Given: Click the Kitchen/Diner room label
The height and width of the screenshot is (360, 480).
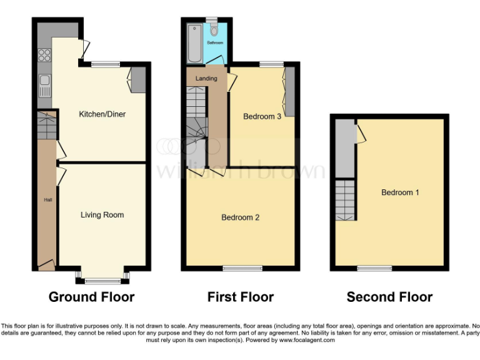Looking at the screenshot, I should click(x=102, y=114).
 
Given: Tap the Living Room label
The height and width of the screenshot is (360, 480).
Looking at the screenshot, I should click(x=102, y=215).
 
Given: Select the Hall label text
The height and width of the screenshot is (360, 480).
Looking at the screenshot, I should click(x=47, y=200).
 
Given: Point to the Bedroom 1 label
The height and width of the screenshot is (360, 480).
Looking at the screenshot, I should click(x=400, y=192).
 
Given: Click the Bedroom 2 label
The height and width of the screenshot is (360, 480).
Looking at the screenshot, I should click(x=240, y=217).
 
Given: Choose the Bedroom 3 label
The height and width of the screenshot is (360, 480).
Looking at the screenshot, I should click(x=262, y=117).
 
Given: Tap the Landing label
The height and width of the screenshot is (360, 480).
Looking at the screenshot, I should click(x=206, y=79).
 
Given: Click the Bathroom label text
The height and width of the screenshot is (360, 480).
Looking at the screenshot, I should click(x=215, y=43).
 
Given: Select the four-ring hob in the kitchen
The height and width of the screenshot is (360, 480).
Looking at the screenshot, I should click(x=45, y=55).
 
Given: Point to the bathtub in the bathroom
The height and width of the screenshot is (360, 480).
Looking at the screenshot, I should click(x=194, y=42).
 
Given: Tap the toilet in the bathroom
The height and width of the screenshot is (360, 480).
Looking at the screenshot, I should click(x=214, y=29).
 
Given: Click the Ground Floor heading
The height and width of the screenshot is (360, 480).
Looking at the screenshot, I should click(x=91, y=297).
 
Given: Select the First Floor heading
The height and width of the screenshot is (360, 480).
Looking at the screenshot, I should click(x=241, y=297).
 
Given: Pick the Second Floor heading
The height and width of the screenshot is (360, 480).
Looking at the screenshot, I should click(x=389, y=297).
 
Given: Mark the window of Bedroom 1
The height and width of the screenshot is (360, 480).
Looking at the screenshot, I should click(x=374, y=268).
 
